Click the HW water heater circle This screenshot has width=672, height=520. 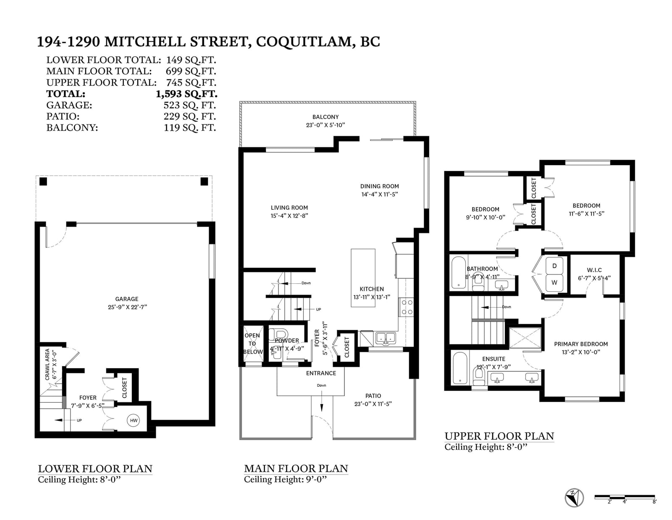(134, 420)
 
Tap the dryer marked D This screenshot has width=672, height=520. (554, 266)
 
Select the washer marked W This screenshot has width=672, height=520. (554, 282)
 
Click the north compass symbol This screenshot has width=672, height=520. (574, 498)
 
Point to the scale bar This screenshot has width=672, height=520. (625, 497)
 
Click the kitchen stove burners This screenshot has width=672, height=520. (406, 307)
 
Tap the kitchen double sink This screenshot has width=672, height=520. (385, 339)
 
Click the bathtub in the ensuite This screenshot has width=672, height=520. (460, 368)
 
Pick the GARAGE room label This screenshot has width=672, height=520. (127, 299)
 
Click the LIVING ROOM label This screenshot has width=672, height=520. (289, 208)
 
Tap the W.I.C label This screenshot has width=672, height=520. (594, 270)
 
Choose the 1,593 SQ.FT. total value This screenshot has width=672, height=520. (186, 94)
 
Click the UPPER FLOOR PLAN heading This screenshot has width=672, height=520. (499, 436)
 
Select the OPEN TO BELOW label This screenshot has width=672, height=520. (253, 343)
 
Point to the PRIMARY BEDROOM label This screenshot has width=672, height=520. (581, 344)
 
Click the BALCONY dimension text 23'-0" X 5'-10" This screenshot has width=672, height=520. (325, 125)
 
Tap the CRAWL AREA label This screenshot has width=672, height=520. (47, 364)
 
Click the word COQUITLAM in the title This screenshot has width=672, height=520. (305, 42)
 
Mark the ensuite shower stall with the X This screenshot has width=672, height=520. (525, 338)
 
